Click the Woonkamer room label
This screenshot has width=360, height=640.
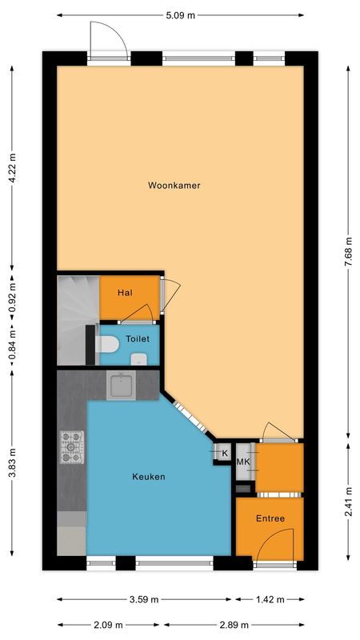click(x=174, y=185)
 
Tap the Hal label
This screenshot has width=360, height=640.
click(x=124, y=293)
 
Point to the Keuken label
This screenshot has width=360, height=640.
click(x=149, y=477)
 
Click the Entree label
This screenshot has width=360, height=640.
click(x=270, y=518)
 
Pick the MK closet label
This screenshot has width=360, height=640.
click(x=243, y=462)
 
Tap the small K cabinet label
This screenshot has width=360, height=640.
click(x=224, y=454)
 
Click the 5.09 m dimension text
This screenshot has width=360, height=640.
click(x=179, y=14)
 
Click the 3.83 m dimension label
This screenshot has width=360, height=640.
click(x=12, y=466)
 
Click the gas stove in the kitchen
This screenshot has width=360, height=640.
click(x=71, y=447)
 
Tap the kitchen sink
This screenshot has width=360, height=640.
click(x=122, y=386)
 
